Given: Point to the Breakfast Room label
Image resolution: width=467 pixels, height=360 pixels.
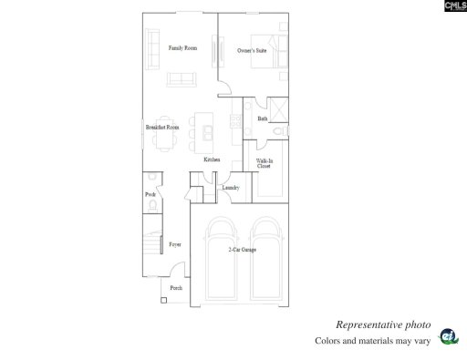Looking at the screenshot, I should coord(161,128).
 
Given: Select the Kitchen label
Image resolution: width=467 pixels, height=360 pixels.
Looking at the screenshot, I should coord(212,159).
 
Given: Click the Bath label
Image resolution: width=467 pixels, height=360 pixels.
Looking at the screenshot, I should coord(263,118).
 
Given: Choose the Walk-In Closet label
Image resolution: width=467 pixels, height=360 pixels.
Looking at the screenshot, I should coord(264,163).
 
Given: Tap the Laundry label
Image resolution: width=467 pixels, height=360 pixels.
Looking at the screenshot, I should coord(231,188).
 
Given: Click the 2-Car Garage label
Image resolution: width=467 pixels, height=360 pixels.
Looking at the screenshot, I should coord(242,250).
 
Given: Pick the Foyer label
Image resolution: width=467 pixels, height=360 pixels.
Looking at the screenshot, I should coord(174,244).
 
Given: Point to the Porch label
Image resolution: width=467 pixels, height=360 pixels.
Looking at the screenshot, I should coord(176,288).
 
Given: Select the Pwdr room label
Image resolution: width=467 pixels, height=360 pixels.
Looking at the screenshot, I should coord(151,195).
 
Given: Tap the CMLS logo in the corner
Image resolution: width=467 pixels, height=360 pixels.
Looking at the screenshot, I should coord(452,8).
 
